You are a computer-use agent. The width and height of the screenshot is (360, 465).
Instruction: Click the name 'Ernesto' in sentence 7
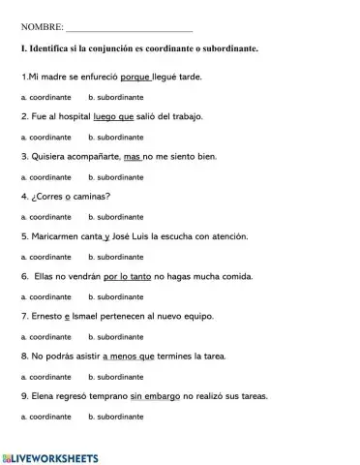point(45,316)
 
